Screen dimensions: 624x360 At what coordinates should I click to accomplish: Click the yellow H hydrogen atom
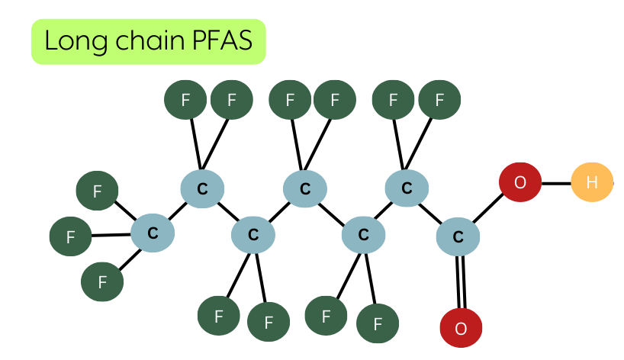(592, 182)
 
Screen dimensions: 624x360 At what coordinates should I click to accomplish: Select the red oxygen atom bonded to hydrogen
(520, 182)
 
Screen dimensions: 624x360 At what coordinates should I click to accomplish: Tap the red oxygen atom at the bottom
(461, 328)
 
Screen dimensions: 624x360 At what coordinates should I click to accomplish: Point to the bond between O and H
(556, 183)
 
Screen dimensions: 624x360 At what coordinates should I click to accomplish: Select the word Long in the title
(76, 41)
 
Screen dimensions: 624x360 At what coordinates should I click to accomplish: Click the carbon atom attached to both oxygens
(458, 236)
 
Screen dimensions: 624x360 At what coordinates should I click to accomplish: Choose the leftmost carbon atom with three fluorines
(153, 233)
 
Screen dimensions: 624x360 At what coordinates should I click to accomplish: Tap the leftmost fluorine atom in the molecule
(70, 236)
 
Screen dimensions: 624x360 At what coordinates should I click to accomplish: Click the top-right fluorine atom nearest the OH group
(439, 99)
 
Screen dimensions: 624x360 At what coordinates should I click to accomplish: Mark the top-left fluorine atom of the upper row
(185, 99)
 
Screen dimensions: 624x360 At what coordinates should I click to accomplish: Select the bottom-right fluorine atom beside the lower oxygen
(378, 323)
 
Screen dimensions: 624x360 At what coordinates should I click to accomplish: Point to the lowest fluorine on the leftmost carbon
(102, 281)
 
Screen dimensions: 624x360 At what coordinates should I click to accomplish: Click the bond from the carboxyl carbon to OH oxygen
(488, 208)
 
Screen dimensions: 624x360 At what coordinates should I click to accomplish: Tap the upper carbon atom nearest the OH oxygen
(407, 188)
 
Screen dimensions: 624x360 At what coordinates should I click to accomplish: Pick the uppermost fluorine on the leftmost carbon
(97, 191)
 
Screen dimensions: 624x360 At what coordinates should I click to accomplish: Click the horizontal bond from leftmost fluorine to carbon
(111, 235)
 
